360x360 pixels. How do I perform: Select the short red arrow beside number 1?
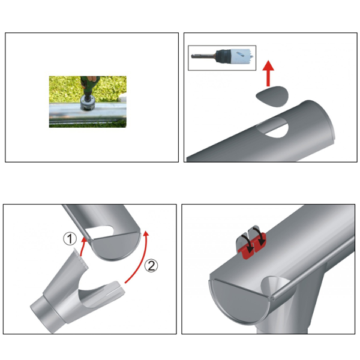[81, 246]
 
